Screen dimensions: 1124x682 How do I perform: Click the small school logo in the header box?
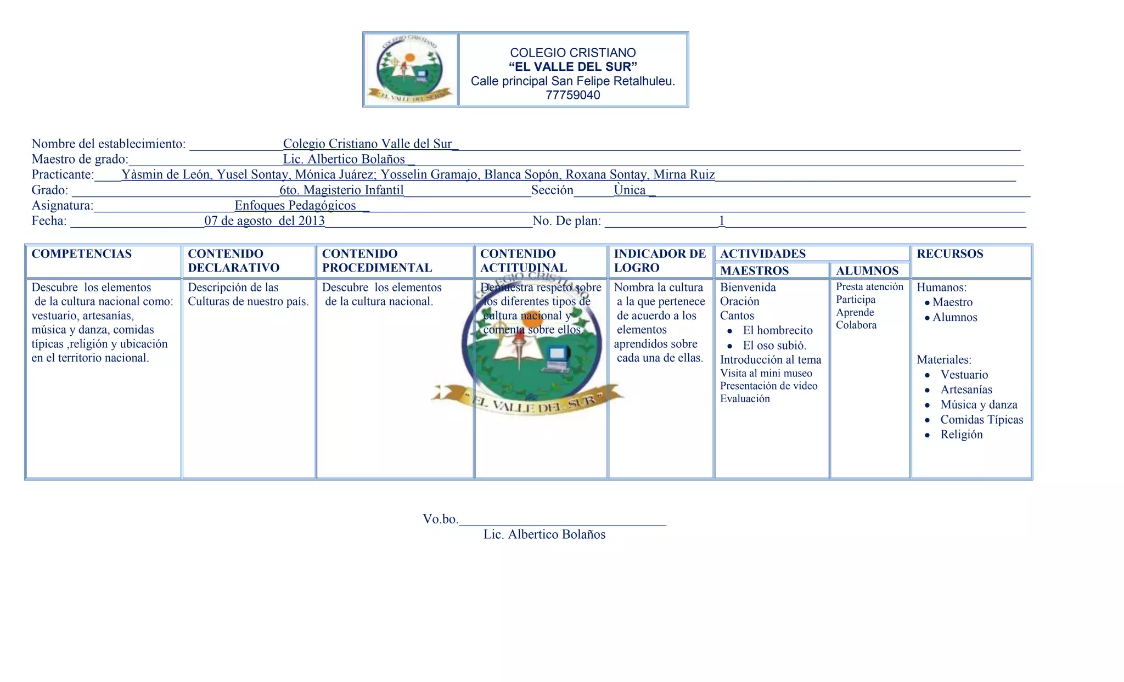411,70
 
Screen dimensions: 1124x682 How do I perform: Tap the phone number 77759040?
572,95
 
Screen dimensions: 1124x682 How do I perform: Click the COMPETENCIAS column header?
82,254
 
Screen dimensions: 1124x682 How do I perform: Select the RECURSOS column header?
949,254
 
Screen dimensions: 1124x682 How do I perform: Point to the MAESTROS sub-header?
754,270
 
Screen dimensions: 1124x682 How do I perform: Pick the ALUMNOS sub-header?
867,270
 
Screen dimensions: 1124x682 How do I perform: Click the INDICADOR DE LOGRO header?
660,261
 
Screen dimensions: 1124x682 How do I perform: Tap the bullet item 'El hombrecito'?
777,330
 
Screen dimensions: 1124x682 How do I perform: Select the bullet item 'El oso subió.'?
774,346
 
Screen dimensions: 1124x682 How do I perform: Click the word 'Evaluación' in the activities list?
745,399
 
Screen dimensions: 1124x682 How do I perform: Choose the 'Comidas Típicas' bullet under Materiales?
981,420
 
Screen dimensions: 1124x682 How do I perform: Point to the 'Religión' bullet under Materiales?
961,435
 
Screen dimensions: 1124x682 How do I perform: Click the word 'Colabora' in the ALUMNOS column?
856,325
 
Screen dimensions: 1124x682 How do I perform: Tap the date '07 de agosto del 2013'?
265,221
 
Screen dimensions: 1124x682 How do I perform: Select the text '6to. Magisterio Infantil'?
341,190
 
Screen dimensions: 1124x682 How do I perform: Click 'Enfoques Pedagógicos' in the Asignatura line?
295,206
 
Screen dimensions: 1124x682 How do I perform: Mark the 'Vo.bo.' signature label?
440,519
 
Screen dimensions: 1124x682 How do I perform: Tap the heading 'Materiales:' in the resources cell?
944,360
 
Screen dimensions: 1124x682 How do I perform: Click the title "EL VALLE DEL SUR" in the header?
572,67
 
